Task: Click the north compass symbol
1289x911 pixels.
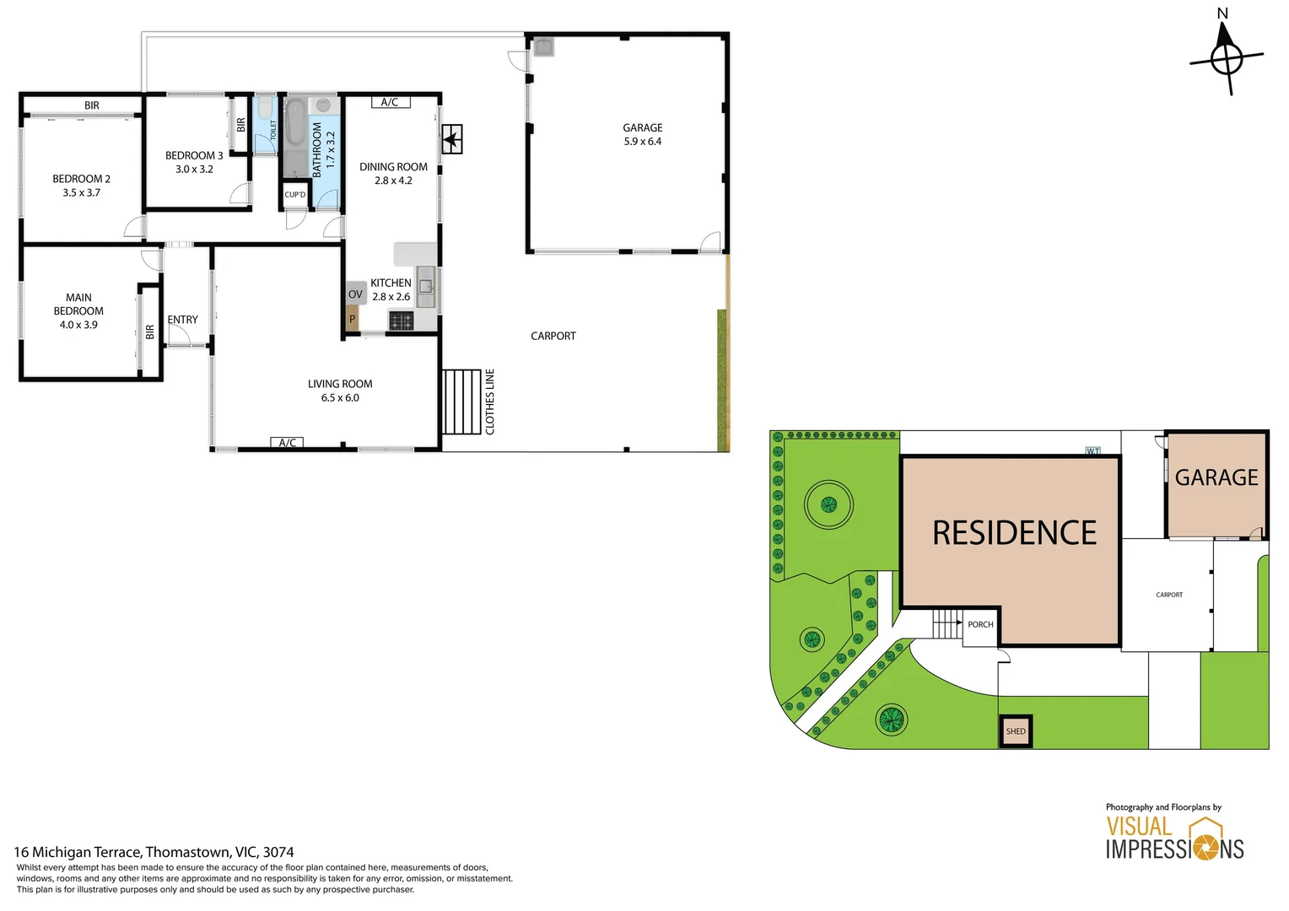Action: [x=1226, y=58]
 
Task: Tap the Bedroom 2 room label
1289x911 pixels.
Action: [x=81, y=179]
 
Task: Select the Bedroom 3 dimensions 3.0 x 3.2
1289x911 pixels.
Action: [x=194, y=170]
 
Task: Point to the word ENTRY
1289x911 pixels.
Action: [x=182, y=320]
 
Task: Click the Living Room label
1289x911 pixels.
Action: [x=340, y=384]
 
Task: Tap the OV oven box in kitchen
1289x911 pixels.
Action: [x=355, y=294]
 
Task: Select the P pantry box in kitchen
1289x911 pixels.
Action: [x=353, y=319]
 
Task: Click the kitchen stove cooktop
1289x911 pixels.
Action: [x=401, y=321]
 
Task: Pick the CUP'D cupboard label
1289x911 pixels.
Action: [x=295, y=195]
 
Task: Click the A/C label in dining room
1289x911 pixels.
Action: [x=390, y=102]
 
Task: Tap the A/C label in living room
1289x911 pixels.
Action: [x=287, y=443]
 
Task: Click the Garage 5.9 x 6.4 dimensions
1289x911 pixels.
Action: [x=642, y=142]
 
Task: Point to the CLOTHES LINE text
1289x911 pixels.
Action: [x=490, y=402]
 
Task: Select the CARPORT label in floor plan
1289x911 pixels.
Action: [x=553, y=336]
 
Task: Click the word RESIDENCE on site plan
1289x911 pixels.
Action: [x=1014, y=533]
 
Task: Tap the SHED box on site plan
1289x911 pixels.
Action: [x=1016, y=731]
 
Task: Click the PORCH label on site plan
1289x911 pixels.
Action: [x=980, y=625]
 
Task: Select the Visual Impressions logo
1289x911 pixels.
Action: [x=1174, y=838]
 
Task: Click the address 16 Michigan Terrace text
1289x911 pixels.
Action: [x=154, y=852]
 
